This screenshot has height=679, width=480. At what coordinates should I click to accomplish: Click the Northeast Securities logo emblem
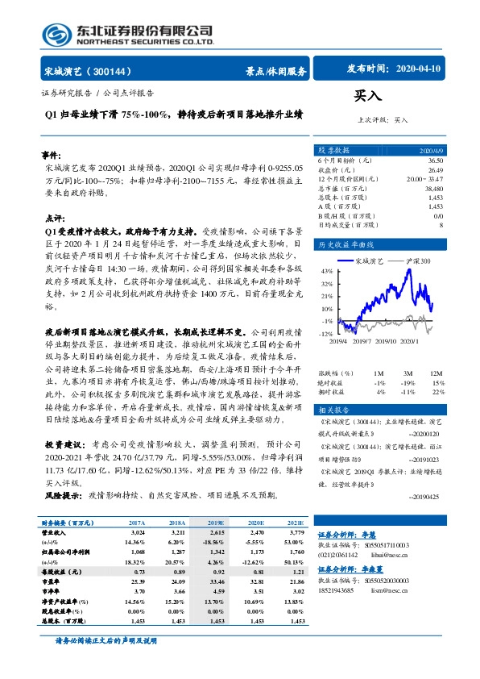pos(56,33)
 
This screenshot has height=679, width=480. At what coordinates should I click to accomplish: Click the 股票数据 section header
pos(333,150)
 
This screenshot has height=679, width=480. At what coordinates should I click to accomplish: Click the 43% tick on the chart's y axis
pos(325,272)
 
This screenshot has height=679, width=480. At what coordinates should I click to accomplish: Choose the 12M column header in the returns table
pos(436,374)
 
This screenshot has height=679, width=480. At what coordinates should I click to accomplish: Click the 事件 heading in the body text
pos(52,154)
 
